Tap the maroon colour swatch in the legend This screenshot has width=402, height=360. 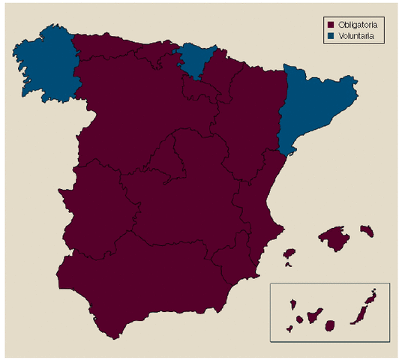[x=330, y=23]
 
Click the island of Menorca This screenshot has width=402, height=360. [x=367, y=229]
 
